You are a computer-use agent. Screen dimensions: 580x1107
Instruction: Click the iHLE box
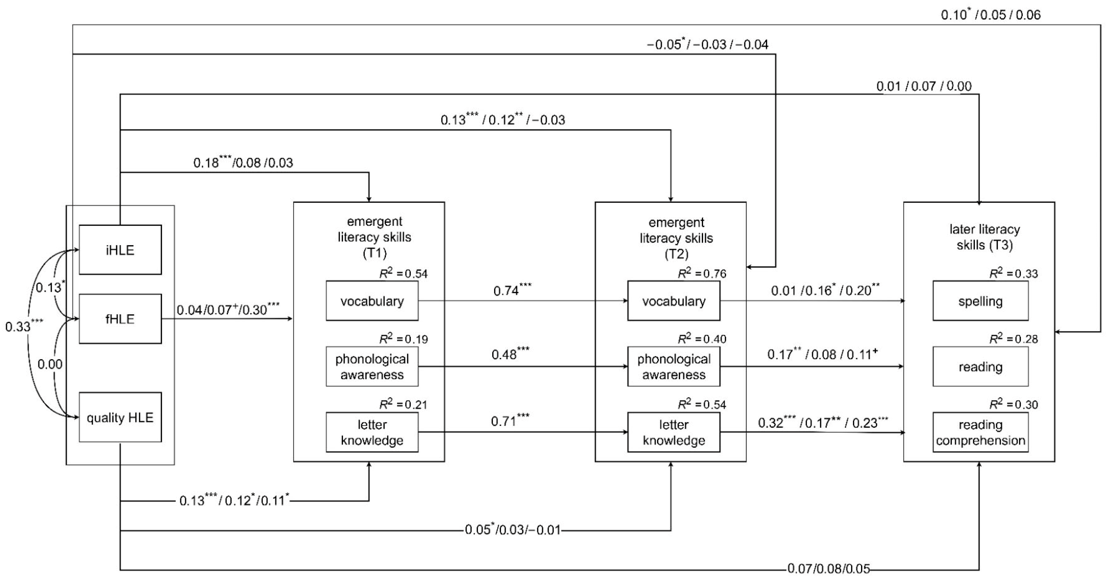coord(120,250)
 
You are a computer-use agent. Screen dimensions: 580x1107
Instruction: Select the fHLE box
coord(120,319)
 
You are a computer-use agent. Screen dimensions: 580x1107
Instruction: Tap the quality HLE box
coord(120,417)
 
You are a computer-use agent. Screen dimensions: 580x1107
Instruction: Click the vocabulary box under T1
coord(372,301)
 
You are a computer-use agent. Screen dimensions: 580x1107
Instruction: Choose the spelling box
coord(980,301)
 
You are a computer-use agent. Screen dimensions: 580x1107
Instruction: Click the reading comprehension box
coord(980,432)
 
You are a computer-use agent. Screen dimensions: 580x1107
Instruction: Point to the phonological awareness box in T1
coord(372,367)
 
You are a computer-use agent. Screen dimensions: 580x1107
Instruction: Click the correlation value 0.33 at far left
coord(24,326)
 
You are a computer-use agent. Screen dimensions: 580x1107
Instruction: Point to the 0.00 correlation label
coord(50,364)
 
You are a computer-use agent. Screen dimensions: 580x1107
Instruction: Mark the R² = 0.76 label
coord(702,273)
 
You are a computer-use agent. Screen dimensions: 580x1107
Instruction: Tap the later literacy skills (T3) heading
coord(984,237)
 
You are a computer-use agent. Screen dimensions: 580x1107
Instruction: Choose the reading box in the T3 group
coord(980,367)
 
